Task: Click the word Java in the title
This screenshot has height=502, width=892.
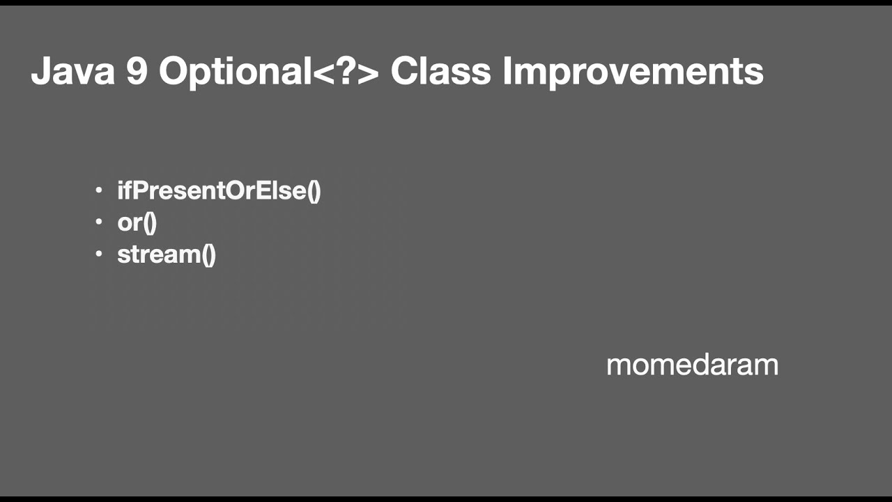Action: tap(72, 71)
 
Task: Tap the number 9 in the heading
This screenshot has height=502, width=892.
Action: tap(137, 71)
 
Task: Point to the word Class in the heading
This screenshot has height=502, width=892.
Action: tap(440, 71)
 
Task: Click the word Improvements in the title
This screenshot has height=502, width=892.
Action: tap(633, 73)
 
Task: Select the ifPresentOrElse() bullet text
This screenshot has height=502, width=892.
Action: tap(219, 190)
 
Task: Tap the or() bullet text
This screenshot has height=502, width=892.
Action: tap(137, 222)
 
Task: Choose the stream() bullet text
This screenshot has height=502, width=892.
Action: tap(167, 254)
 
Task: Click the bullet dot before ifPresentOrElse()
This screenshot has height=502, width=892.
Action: tap(99, 190)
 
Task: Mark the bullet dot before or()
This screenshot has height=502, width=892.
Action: tap(99, 222)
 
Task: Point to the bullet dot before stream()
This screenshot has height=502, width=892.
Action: tap(99, 254)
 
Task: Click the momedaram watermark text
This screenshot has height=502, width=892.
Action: tap(692, 365)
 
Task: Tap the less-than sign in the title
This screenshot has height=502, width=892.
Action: tap(323, 73)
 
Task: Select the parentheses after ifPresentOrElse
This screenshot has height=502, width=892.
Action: tap(314, 191)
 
